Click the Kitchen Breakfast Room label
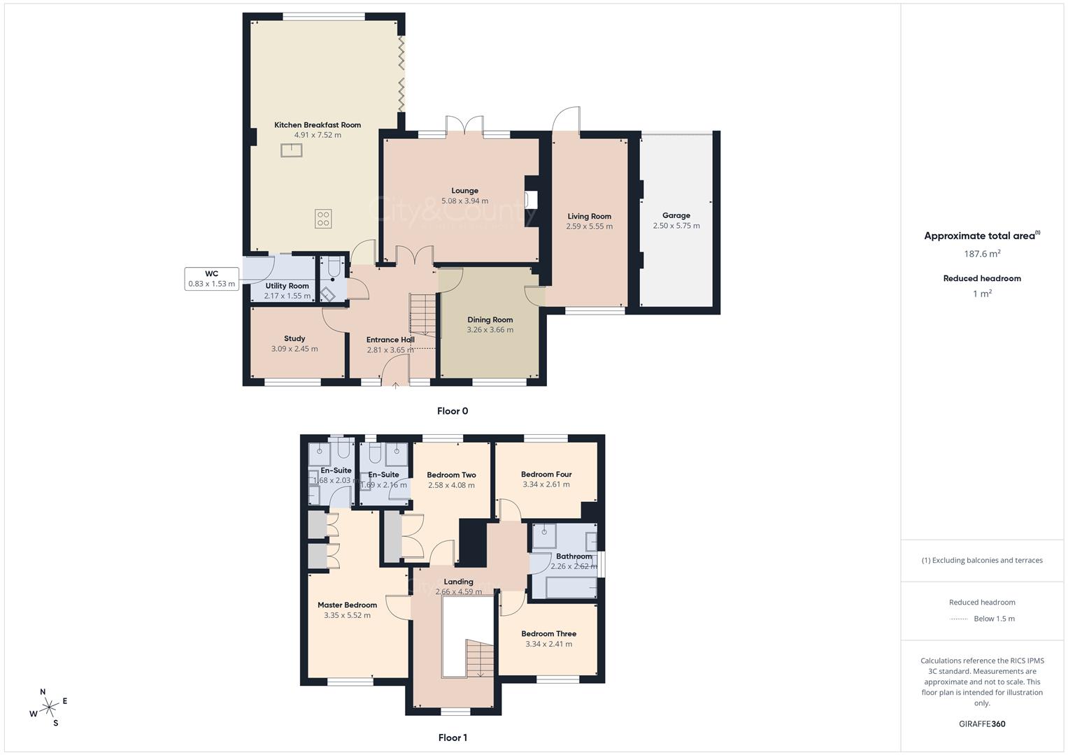(x=318, y=125)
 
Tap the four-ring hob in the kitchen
(x=322, y=219)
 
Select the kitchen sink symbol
(x=292, y=150)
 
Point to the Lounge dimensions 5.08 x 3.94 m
(x=464, y=201)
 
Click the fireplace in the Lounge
(x=532, y=200)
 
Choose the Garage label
(x=676, y=215)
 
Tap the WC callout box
(x=211, y=279)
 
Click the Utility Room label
(x=287, y=286)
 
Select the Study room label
(x=294, y=338)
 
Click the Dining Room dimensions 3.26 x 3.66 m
(x=490, y=330)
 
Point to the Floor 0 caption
(x=453, y=411)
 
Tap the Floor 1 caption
(x=453, y=738)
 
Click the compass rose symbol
(x=48, y=707)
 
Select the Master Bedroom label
(x=347, y=605)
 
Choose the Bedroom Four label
(x=546, y=474)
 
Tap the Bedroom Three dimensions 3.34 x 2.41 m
(x=548, y=644)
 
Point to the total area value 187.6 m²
(x=982, y=254)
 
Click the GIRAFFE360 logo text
(x=982, y=724)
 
